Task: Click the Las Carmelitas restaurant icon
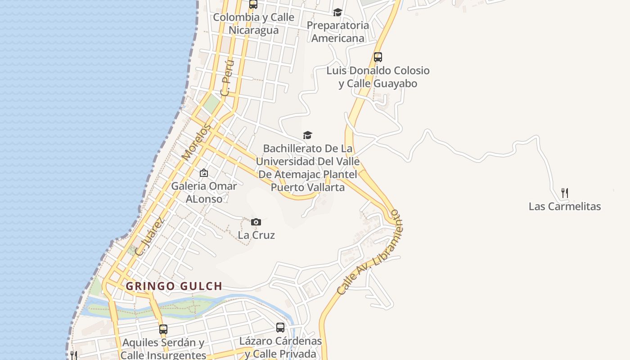coord(565,193)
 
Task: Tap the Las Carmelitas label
coord(565,207)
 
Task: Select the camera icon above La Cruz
coord(256,222)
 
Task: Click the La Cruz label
coord(256,235)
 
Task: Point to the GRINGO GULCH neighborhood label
coord(174,286)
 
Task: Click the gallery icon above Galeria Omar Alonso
coord(204,173)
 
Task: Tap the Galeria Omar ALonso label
coord(204,192)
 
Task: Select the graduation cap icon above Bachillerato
coord(307,135)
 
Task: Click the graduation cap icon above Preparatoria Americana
coord(337,12)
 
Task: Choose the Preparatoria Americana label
coord(337,31)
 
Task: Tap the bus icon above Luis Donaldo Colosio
coord(378,57)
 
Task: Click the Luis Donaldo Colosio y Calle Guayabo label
coord(378,77)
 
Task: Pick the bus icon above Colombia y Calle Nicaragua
coord(253,4)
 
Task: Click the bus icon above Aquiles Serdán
coord(163,329)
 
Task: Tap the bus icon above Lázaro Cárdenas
coord(280,328)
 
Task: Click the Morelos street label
coord(196,142)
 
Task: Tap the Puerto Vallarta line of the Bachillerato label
coord(308,187)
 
